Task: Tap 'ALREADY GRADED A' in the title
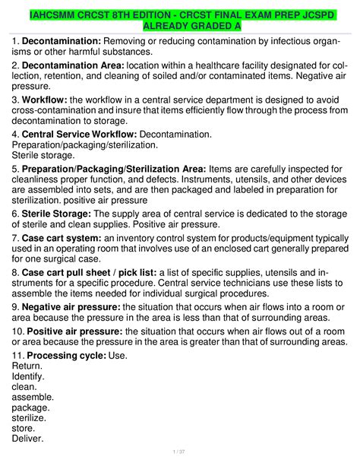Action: pos(180,27)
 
